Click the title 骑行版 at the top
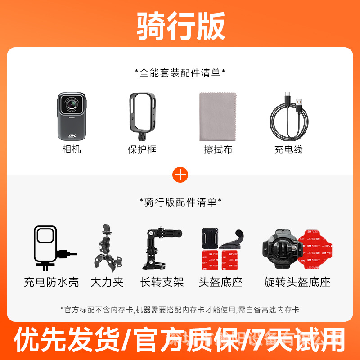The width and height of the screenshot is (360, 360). click(180, 25)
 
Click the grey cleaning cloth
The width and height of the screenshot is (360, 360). click(217, 117)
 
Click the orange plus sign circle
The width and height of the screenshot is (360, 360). click(180, 175)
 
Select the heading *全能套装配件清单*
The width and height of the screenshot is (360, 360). click(180, 72)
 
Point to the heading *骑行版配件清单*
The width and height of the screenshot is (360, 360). click(180, 202)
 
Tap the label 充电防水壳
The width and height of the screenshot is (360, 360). click(51, 283)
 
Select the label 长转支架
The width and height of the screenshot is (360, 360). click(162, 283)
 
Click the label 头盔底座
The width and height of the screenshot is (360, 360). click(220, 283)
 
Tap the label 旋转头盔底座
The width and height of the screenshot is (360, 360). click(297, 283)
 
